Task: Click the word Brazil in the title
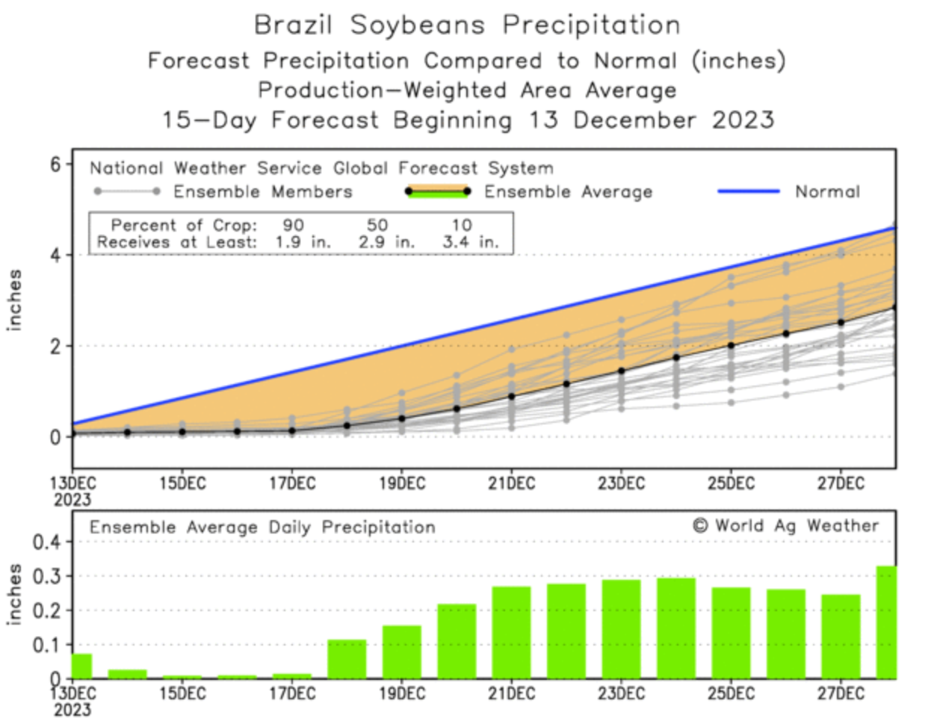pos(293,25)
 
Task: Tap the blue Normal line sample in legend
pos(748,191)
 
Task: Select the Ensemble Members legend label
pos(262,192)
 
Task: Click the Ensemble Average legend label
pos(568,192)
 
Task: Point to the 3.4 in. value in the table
pos(470,242)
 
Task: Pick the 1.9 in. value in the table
pos(302,242)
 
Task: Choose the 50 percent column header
pos(377,225)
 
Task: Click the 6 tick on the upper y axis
pos(56,164)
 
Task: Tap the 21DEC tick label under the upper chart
pos(512,483)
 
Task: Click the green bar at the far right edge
pos(886,622)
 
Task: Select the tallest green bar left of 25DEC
pos(676,628)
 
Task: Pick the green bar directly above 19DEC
pos(402,652)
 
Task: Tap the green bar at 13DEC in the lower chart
pos(81,666)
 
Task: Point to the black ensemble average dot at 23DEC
pos(622,371)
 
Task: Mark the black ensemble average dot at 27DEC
pos(841,323)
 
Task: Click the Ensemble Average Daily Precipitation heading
pos(262,527)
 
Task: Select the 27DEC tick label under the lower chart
pos(841,693)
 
